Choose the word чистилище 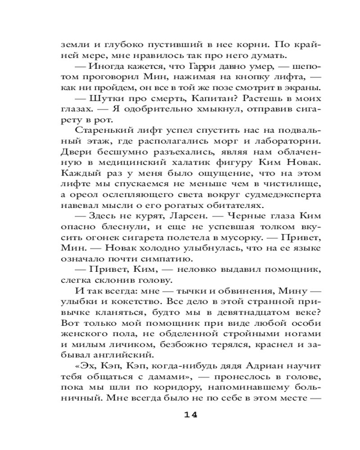coord(294,184)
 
